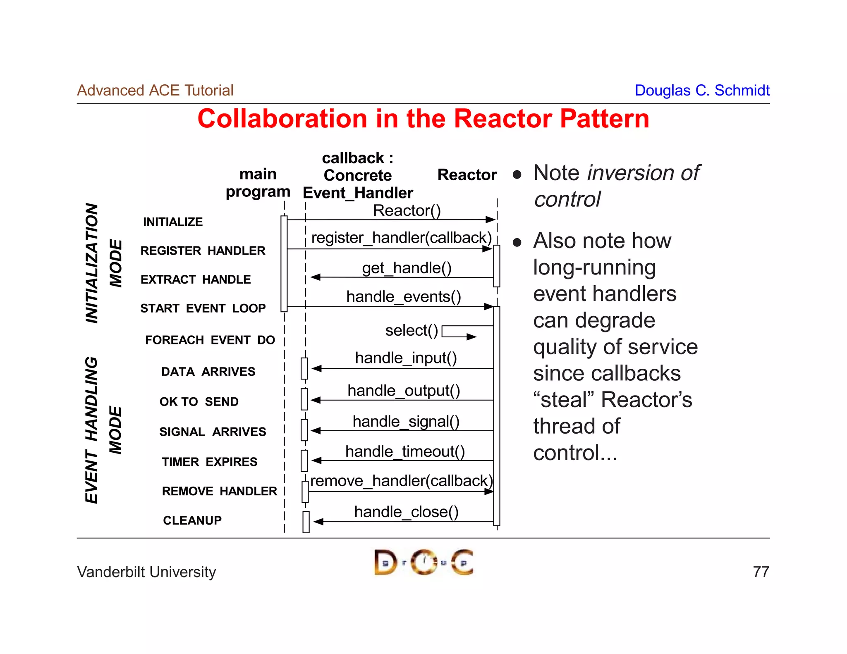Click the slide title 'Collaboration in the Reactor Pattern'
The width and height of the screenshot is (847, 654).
point(423,119)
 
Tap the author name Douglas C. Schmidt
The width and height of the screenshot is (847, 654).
point(702,90)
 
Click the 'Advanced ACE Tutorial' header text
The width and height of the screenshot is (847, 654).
point(155,90)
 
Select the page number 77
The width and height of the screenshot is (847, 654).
point(761,572)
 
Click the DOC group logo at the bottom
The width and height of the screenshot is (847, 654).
point(423,562)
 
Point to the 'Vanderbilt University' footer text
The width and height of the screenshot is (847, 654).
point(146,572)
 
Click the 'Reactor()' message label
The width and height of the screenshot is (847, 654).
point(407,210)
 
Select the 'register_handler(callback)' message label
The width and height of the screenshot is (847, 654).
point(401,238)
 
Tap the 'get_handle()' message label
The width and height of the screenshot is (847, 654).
point(407,268)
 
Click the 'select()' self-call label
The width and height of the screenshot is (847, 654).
point(412,330)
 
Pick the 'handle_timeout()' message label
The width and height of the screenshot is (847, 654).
point(405,451)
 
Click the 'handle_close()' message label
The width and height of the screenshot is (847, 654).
point(406,512)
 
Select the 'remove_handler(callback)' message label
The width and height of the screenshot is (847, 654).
point(401,481)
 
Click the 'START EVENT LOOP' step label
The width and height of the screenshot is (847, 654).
point(203,308)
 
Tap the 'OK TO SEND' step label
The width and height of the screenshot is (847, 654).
point(199,401)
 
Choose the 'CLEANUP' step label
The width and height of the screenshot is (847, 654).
point(192,520)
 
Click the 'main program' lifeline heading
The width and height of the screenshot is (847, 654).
point(258,183)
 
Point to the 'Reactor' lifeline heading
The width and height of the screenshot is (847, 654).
point(467,175)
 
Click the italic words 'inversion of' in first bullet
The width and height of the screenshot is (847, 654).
point(643,173)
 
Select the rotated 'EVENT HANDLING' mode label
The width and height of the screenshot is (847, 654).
point(91,430)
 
